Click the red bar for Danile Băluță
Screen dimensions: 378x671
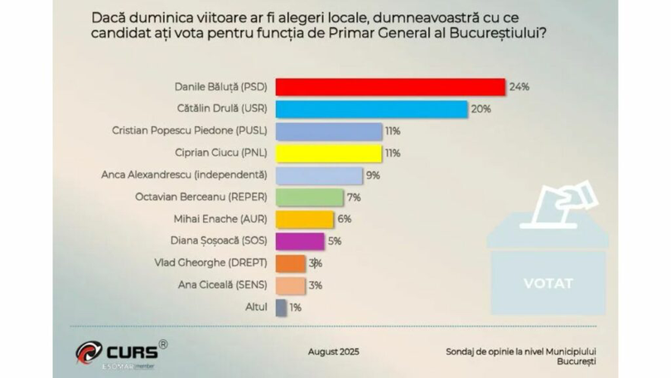tap(389, 86)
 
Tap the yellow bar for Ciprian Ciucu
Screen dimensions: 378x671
tap(328, 153)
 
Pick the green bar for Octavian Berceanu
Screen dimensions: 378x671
tap(308, 197)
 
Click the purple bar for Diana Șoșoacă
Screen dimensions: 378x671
tap(299, 241)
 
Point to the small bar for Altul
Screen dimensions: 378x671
tap(281, 308)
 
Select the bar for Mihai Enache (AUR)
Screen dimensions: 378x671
tap(304, 219)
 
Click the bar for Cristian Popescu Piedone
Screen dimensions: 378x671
tap(328, 131)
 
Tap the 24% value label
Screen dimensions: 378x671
tap(519, 86)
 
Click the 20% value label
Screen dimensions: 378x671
tap(481, 109)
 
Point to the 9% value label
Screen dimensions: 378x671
tap(373, 175)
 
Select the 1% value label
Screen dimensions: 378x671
tap(296, 308)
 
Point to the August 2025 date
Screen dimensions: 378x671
tap(334, 351)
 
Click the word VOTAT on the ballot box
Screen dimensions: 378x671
tap(548, 283)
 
